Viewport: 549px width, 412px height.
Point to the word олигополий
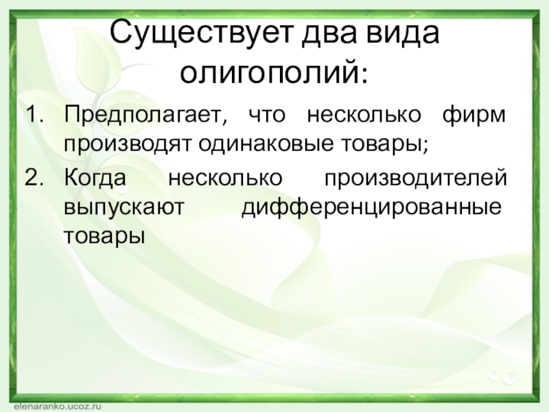(x=270, y=73)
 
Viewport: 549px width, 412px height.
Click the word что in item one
(x=267, y=116)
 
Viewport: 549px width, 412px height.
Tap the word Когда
(x=95, y=178)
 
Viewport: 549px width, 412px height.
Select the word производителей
(x=416, y=178)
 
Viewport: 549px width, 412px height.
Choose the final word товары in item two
(x=104, y=236)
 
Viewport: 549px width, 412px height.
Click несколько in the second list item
(x=225, y=178)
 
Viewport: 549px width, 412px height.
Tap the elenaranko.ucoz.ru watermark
(x=58, y=407)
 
